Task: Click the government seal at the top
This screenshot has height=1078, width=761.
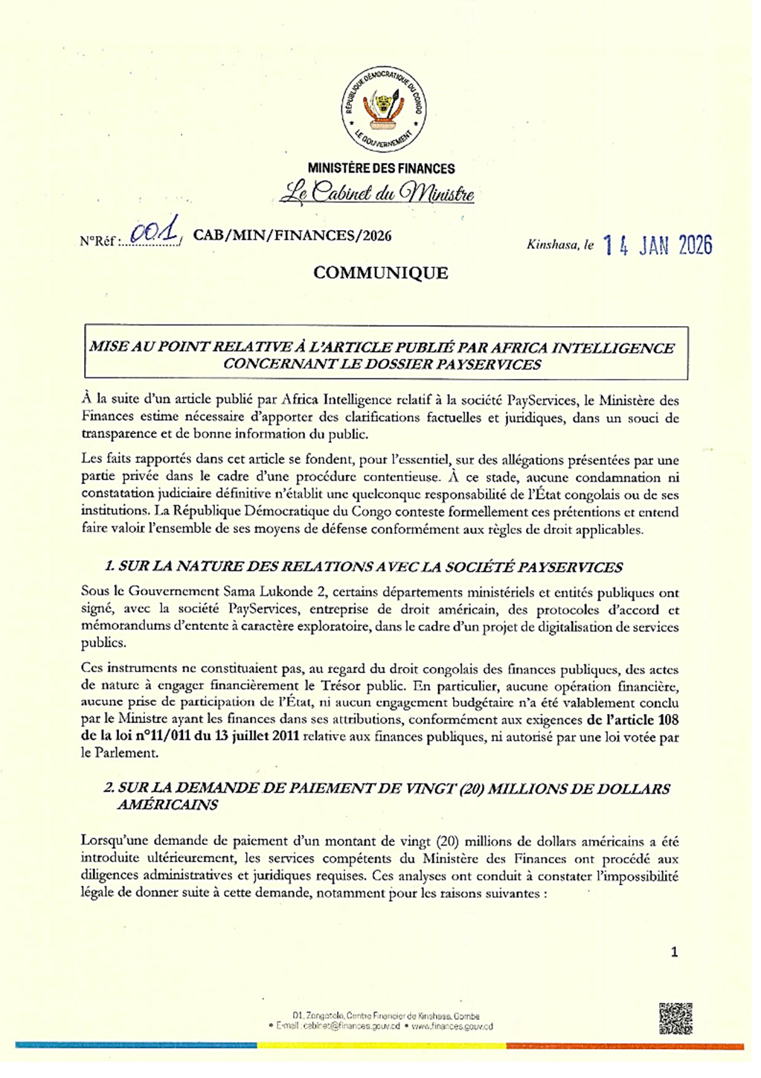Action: click(383, 109)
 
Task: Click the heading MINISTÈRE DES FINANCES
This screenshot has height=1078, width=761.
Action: click(381, 169)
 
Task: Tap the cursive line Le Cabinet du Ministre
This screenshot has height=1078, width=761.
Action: click(377, 193)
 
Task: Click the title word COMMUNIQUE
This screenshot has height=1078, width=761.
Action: click(380, 273)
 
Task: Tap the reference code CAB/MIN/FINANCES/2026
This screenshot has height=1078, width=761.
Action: click(292, 236)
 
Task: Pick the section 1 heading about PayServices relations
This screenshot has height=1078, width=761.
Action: click(362, 567)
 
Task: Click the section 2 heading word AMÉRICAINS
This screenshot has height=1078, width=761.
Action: click(167, 805)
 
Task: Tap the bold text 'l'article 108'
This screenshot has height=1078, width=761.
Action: click(632, 720)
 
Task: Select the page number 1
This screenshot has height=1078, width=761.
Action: click(674, 952)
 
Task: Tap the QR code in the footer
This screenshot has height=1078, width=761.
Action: click(675, 1018)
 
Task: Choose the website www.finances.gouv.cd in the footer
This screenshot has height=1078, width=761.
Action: click(452, 1026)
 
